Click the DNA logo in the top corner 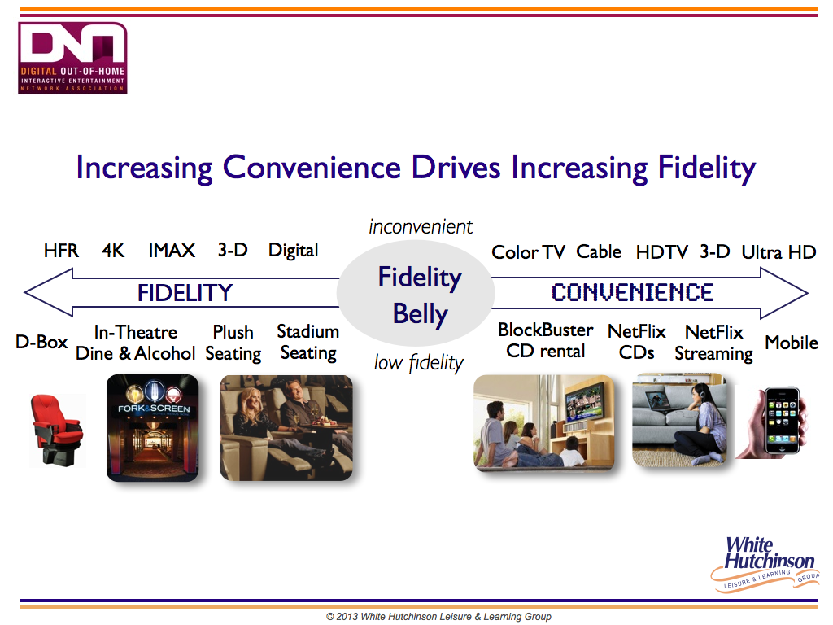tap(72, 58)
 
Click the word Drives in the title tap(456, 168)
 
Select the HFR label tap(61, 251)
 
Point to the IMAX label tap(172, 251)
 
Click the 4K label tap(113, 251)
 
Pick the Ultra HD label tap(778, 252)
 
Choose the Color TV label tap(528, 252)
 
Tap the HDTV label tap(661, 252)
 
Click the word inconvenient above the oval tap(421, 227)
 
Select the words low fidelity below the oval tap(419, 363)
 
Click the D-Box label tap(41, 342)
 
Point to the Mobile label tap(791, 343)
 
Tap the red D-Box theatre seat tap(57, 430)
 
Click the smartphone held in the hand tap(782, 421)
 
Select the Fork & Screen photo tap(152, 428)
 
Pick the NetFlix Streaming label tap(713, 343)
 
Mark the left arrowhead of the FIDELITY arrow tap(25, 292)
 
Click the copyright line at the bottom tap(438, 617)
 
